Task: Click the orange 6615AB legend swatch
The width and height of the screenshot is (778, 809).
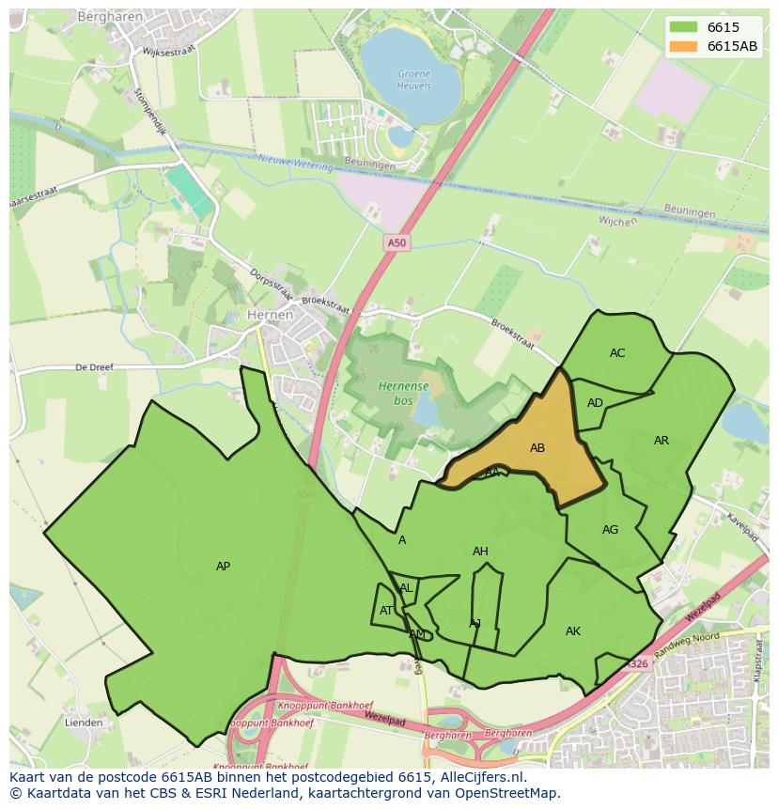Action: pyautogui.click(x=684, y=46)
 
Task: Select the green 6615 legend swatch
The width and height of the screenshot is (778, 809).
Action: pyautogui.click(x=684, y=27)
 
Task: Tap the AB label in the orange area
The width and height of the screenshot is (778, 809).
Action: pyautogui.click(x=537, y=448)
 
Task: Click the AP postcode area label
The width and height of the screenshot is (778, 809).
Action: pyautogui.click(x=223, y=567)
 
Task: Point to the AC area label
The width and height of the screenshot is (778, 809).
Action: pyautogui.click(x=617, y=353)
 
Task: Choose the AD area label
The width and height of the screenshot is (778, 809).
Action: pyautogui.click(x=595, y=403)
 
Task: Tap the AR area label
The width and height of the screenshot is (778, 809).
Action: pyautogui.click(x=661, y=441)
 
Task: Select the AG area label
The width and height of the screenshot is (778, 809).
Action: pyautogui.click(x=610, y=530)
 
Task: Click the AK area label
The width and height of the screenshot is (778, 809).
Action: pyautogui.click(x=573, y=631)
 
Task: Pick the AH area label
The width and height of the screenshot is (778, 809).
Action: pyautogui.click(x=480, y=552)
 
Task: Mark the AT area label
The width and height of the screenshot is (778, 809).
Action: pyautogui.click(x=387, y=611)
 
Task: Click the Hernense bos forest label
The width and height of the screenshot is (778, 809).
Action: pyautogui.click(x=404, y=393)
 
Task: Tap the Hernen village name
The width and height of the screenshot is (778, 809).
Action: pyautogui.click(x=269, y=316)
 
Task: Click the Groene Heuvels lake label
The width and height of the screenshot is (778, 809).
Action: pyautogui.click(x=414, y=79)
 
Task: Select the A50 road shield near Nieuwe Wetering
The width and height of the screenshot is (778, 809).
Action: pyautogui.click(x=397, y=243)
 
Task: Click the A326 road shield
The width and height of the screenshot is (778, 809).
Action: pyautogui.click(x=638, y=664)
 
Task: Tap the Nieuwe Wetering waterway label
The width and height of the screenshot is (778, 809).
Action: pyautogui.click(x=295, y=163)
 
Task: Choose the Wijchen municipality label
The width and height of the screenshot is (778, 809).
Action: pyautogui.click(x=616, y=221)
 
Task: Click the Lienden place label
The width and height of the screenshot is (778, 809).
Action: pyautogui.click(x=84, y=723)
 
